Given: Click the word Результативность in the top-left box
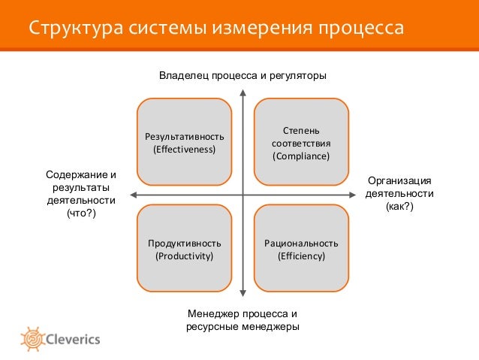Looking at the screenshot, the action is pyautogui.click(x=184, y=136).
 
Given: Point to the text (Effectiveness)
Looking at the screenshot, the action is pyautogui.click(x=184, y=150).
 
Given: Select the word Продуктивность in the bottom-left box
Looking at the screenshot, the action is pyautogui.click(x=184, y=244).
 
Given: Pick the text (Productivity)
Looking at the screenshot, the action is pyautogui.click(x=184, y=257).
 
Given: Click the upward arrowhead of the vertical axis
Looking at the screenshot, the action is pyautogui.click(x=243, y=93).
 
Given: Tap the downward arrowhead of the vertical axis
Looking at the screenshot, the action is pyautogui.click(x=243, y=294).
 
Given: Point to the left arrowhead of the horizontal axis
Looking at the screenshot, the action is pyautogui.click(x=132, y=193).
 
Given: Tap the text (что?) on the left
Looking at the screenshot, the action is pyautogui.click(x=81, y=215).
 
